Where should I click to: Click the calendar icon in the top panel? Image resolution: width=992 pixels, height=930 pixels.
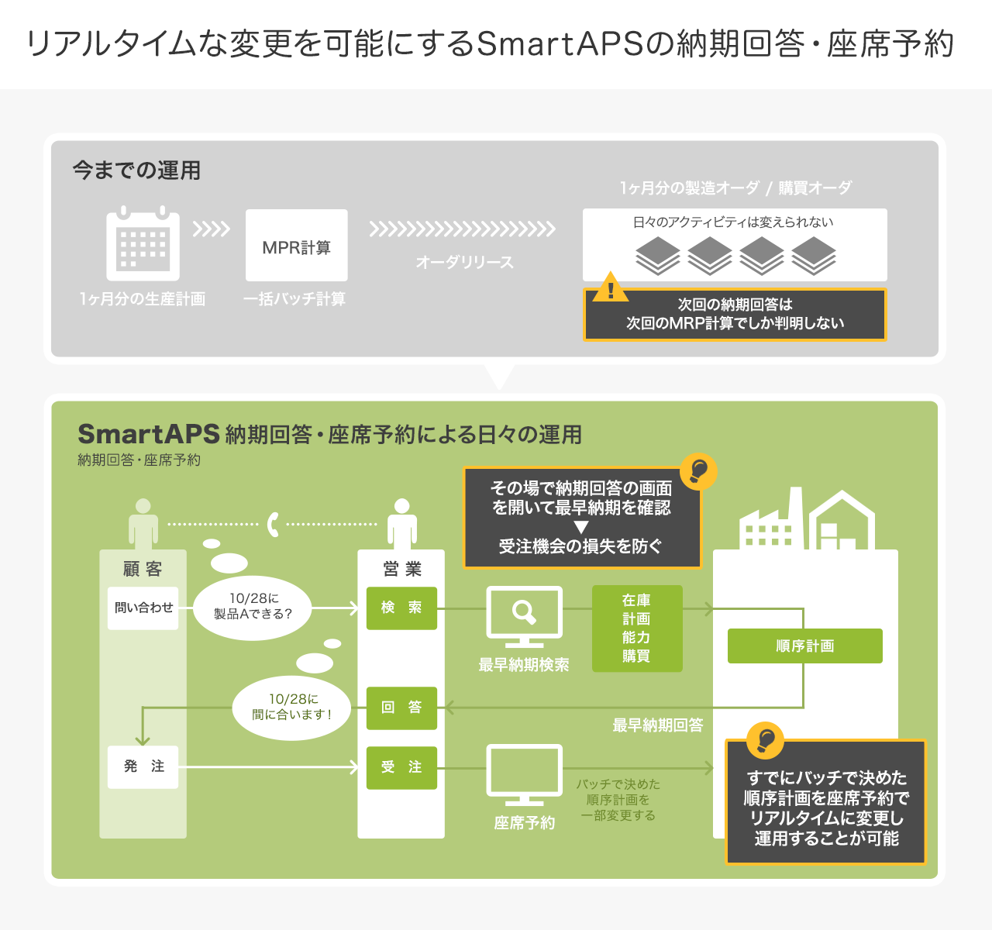pyautogui.click(x=143, y=244)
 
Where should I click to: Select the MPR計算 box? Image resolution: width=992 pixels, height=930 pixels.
pyautogui.click(x=296, y=246)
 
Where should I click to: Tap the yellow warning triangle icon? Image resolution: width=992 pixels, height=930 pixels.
pyautogui.click(x=611, y=288)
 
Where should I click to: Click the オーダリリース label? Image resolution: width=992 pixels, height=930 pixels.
pyautogui.click(x=464, y=262)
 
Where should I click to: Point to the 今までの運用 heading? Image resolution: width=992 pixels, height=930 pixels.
pyautogui.click(x=136, y=170)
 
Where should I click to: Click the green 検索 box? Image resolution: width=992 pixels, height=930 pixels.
pyautogui.click(x=401, y=608)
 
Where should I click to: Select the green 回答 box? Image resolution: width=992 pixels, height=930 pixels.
pyautogui.click(x=401, y=708)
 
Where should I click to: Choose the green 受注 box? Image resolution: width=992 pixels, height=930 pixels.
pyautogui.click(x=401, y=767)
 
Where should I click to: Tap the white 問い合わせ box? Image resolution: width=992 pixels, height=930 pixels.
pyautogui.click(x=143, y=608)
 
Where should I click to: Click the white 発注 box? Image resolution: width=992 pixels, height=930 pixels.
pyautogui.click(x=143, y=766)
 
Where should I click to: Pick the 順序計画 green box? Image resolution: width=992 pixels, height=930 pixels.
pyautogui.click(x=804, y=646)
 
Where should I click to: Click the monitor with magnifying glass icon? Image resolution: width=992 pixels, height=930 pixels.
pyautogui.click(x=524, y=615)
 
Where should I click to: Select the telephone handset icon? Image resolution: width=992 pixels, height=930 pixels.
pyautogui.click(x=273, y=525)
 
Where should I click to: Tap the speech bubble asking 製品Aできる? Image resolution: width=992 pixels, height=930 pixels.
pyautogui.click(x=253, y=606)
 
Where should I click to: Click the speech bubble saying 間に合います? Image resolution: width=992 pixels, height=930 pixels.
pyautogui.click(x=292, y=707)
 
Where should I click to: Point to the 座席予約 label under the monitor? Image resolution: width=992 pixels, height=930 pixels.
pyautogui.click(x=524, y=823)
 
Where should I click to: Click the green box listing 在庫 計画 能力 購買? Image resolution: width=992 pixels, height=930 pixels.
pyautogui.click(x=637, y=629)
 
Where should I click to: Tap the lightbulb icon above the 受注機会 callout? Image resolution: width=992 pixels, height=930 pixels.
pyautogui.click(x=697, y=470)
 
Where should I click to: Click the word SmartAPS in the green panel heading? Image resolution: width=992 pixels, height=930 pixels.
pyautogui.click(x=148, y=434)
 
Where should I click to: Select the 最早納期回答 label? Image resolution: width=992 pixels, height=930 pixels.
pyautogui.click(x=657, y=725)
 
